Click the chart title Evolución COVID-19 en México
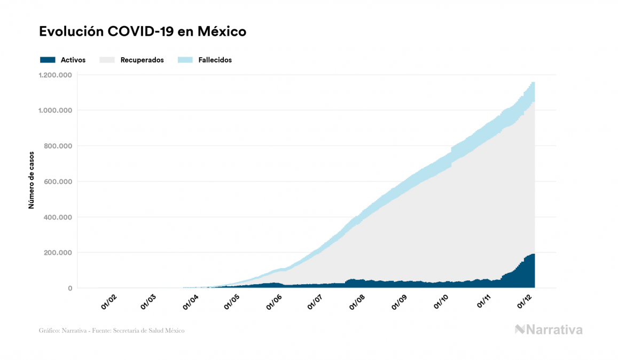coord(143,32)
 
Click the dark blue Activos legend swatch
coord(48,60)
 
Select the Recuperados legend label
coord(142,60)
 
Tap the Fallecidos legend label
coord(215,60)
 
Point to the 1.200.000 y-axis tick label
coord(55,75)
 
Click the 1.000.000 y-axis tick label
coord(55,111)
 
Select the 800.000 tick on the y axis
coord(59,146)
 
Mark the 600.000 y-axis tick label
coord(59,182)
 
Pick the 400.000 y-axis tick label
coord(59,217)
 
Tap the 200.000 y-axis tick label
coord(59,253)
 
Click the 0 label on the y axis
coord(70,288)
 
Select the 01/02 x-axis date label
coord(109,303)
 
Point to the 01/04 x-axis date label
coord(191,303)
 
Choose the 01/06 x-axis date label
coord(273,303)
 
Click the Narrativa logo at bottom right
coord(549,330)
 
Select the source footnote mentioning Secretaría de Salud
coord(112,331)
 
